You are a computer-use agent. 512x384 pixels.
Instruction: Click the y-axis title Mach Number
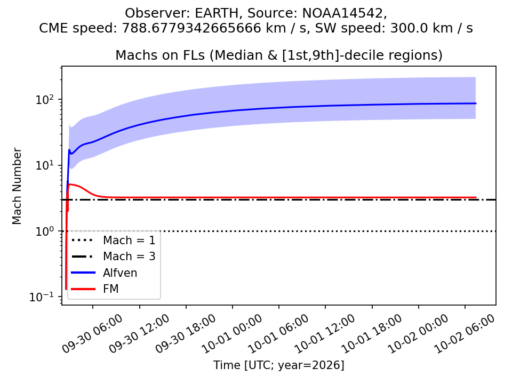click(17, 186)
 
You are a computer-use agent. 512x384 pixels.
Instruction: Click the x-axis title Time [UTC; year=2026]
click(279, 365)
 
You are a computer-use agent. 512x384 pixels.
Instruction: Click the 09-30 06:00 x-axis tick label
click(92, 334)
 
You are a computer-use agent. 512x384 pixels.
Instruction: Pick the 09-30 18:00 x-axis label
click(186, 334)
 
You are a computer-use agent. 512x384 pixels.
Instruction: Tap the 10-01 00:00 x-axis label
click(232, 334)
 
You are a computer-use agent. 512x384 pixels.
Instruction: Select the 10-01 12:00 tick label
click(325, 334)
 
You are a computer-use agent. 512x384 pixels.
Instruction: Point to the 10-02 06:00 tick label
click(465, 334)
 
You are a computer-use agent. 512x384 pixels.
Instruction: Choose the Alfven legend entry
click(104, 273)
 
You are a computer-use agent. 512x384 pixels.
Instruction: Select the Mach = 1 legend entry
click(113, 241)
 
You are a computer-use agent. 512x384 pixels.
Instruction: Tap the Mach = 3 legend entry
click(113, 257)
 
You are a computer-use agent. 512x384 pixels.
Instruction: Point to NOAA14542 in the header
click(342, 13)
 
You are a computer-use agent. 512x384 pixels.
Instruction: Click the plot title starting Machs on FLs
click(279, 55)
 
